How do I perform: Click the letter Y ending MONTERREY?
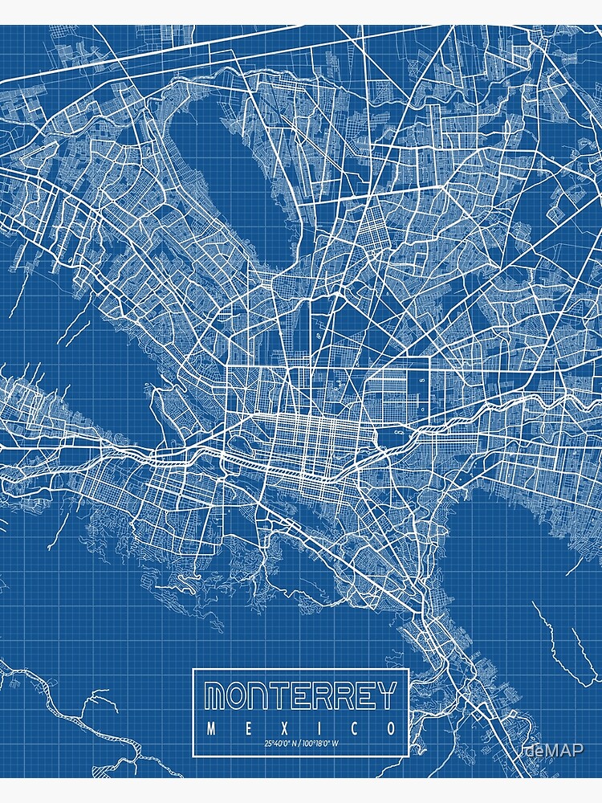(386, 695)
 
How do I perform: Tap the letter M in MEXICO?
(211, 729)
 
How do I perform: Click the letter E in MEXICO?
(246, 729)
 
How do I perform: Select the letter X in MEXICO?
(283, 729)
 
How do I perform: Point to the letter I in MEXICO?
(319, 729)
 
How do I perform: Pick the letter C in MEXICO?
(354, 729)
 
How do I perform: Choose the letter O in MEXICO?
(390, 729)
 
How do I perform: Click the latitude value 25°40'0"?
(275, 743)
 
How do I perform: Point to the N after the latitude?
(293, 743)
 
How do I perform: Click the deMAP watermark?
(555, 750)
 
